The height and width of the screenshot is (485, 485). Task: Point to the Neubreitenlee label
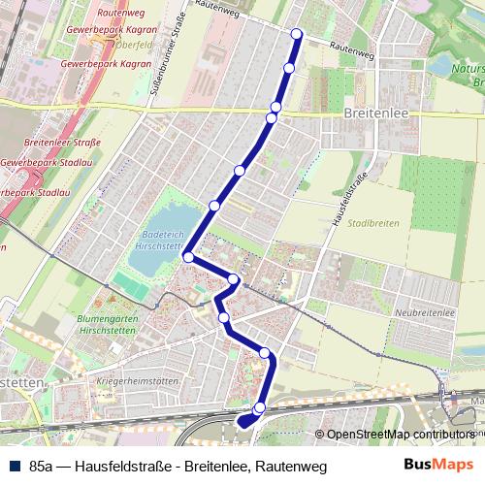tap(426, 313)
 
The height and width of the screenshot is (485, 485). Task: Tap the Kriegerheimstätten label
tap(138, 381)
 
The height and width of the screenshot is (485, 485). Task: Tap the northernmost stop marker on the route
tap(297, 35)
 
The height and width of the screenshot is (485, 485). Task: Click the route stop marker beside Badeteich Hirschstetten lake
tap(188, 257)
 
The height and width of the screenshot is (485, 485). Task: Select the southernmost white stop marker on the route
tap(259, 407)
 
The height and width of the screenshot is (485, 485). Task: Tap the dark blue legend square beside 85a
tap(13, 467)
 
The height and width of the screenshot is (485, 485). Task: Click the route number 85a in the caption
tap(42, 467)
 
